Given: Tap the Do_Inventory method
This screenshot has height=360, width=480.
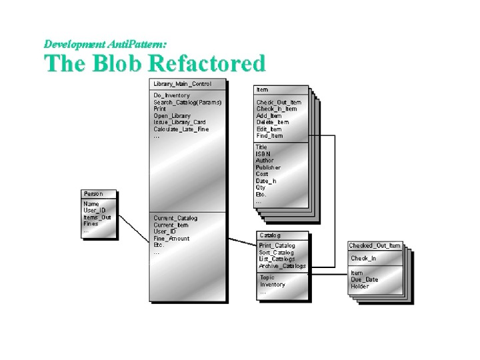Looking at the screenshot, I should (x=171, y=96).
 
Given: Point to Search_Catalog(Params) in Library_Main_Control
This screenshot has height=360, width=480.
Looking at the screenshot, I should (x=187, y=103).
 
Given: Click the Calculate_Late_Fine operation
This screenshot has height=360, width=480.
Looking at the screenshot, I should (x=181, y=129).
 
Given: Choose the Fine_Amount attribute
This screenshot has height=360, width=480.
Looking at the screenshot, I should (x=171, y=239).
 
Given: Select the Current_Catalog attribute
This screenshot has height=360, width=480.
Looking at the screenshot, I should (x=175, y=219).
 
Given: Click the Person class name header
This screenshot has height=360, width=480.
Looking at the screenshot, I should (x=93, y=194).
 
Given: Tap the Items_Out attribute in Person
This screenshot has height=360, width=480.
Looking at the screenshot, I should (x=97, y=217).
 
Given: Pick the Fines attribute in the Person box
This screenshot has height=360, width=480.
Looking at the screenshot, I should (x=91, y=224).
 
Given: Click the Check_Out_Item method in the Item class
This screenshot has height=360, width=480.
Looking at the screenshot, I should (x=279, y=102).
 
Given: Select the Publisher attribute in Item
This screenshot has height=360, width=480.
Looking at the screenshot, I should (x=268, y=167).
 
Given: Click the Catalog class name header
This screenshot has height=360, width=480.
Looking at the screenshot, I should (x=270, y=235).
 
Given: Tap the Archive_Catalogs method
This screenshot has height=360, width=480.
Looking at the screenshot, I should (x=283, y=266).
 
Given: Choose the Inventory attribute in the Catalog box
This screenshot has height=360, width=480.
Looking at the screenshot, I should (x=273, y=285).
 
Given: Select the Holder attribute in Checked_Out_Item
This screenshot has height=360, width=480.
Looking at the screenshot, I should (x=360, y=287).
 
